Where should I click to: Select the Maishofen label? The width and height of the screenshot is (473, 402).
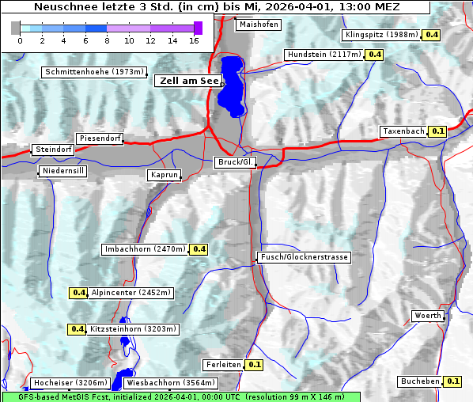[258, 25]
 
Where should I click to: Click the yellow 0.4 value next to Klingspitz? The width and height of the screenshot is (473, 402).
[431, 35]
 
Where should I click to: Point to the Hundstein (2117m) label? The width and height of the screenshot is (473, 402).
[324, 55]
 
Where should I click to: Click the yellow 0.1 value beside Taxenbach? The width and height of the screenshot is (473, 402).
[437, 131]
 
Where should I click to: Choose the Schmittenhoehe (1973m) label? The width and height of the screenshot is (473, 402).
[94, 72]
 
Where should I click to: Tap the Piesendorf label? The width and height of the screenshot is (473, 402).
[100, 138]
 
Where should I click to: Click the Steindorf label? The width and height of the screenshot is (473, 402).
[53, 150]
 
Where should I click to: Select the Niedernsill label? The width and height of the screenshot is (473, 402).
[62, 171]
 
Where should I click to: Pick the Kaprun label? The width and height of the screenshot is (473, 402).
[165, 175]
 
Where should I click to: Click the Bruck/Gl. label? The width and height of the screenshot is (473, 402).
[236, 162]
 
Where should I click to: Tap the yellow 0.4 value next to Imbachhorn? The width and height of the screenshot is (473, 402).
[199, 249]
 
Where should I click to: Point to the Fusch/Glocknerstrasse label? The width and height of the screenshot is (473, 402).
[303, 257]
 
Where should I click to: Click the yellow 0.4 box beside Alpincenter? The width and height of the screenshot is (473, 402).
[78, 293]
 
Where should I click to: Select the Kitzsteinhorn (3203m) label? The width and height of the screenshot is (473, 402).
[134, 329]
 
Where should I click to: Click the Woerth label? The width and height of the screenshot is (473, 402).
[428, 316]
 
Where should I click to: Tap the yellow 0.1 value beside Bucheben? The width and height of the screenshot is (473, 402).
[453, 381]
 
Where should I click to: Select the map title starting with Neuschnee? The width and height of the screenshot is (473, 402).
[214, 7]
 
